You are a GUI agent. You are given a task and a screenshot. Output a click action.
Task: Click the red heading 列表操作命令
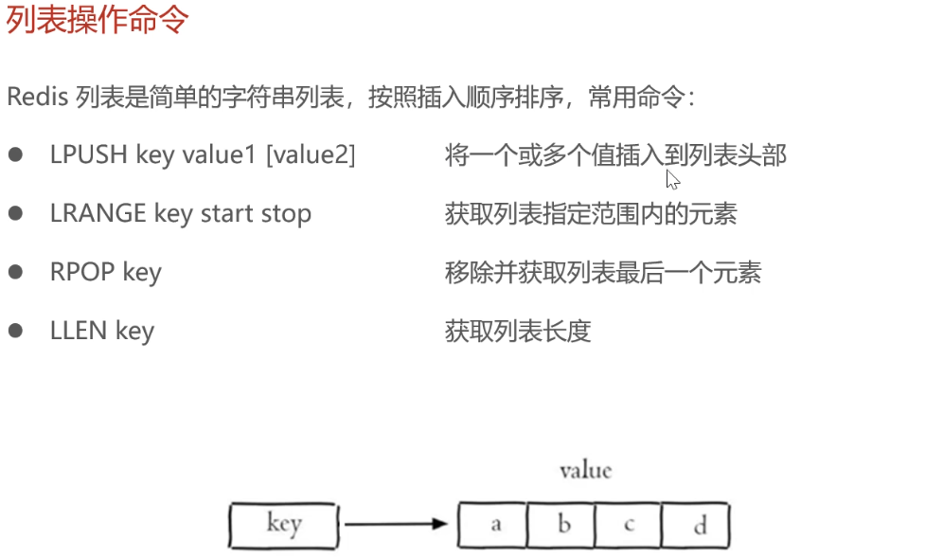98,20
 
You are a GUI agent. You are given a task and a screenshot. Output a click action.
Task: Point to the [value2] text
311,155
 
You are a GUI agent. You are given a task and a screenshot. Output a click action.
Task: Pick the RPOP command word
79,273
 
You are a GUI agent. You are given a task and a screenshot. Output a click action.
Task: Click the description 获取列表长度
518,331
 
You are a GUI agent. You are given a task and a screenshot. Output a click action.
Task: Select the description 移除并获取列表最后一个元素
603,273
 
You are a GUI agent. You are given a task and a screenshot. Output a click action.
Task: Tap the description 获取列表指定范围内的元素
591,214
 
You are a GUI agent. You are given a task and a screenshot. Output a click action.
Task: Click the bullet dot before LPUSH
15,155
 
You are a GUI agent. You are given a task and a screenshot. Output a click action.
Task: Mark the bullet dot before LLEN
15,331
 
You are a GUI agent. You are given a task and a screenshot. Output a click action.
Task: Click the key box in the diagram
283,524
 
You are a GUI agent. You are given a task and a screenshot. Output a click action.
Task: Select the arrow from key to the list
394,524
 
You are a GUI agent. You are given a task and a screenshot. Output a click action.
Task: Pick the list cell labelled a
493,525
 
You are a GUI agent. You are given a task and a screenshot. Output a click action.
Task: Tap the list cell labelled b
562,525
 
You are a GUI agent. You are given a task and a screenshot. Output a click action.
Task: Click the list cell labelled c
629,525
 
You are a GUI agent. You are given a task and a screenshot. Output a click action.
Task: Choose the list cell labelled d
698,525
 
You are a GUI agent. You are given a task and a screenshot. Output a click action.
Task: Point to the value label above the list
585,470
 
